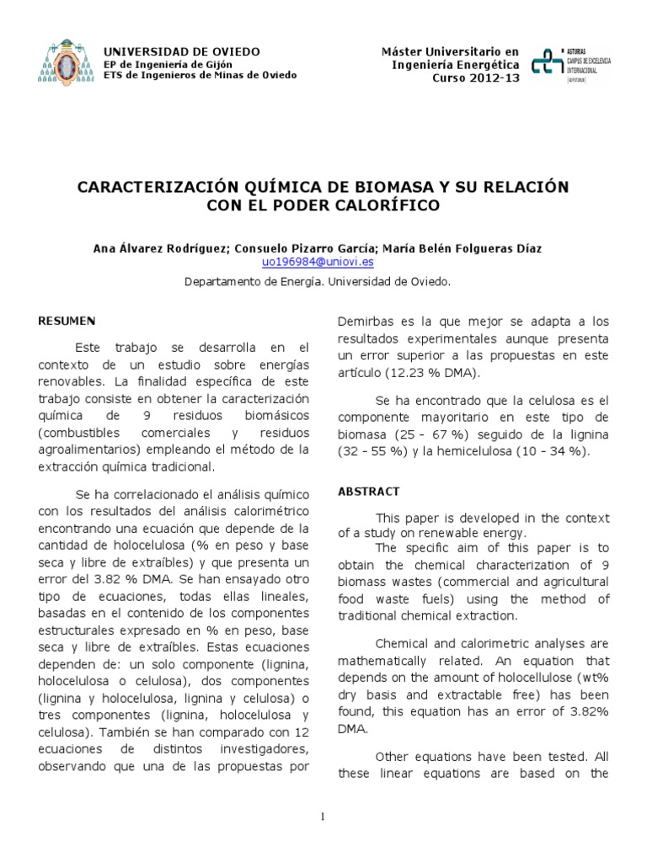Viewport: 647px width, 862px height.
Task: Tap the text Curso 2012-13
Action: click(x=476, y=77)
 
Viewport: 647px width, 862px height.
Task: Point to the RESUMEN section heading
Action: click(x=67, y=321)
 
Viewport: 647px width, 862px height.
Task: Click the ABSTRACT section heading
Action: click(x=368, y=491)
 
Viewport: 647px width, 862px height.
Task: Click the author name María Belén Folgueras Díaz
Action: click(x=463, y=249)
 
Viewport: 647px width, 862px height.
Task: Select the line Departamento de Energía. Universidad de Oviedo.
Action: click(x=318, y=283)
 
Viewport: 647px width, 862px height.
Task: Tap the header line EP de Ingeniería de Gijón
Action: click(x=168, y=64)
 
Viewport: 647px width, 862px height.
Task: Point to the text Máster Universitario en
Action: click(x=451, y=52)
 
